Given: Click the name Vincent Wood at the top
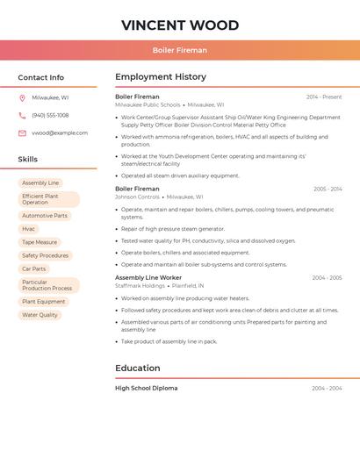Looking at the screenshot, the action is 180,25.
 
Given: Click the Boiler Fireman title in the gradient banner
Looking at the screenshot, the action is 180,50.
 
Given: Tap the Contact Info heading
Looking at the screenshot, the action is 40,77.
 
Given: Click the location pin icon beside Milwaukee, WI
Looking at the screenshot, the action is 22,97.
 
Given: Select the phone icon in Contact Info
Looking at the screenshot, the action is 22,115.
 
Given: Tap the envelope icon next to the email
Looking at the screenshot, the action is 22,133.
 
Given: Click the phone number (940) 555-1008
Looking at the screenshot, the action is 50,115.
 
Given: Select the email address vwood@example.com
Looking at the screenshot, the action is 60,133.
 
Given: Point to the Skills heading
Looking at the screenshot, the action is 27,159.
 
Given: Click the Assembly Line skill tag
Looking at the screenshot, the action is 40,183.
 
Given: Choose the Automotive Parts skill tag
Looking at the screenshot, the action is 45,215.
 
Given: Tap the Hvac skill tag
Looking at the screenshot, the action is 29,228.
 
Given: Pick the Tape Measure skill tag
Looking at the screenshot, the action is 40,242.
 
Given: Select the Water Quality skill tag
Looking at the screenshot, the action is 40,315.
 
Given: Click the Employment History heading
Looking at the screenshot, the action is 161,77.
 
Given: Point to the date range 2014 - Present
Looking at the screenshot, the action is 324,97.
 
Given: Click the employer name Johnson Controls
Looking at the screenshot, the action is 137,197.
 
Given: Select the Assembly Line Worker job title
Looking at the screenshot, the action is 148,277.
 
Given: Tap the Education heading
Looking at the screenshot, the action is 138,368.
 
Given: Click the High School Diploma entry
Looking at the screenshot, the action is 146,388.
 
